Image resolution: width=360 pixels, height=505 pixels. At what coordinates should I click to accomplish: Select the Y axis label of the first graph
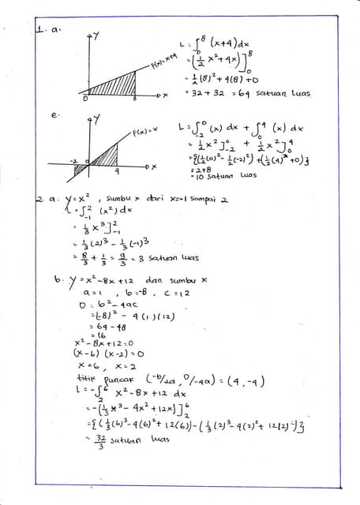point(95,36)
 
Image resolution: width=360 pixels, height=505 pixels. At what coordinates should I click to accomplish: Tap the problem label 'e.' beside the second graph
point(54,115)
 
